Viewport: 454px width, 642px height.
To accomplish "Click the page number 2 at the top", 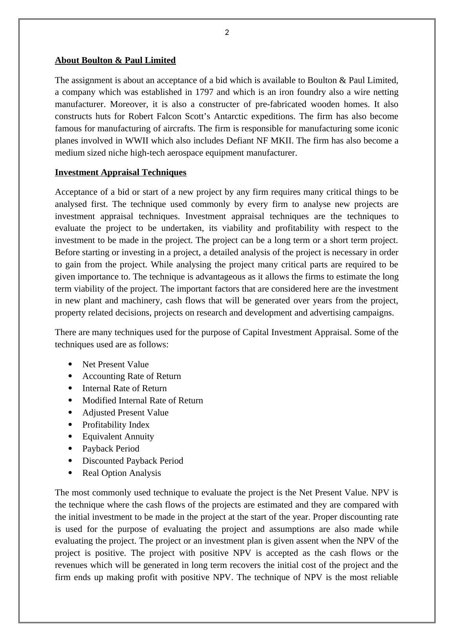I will pos(227,33).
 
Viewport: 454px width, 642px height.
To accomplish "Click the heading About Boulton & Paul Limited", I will pos(115,60).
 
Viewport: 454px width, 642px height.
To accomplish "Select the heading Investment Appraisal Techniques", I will pos(121,172).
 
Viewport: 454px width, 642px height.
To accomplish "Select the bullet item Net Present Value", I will pos(116,365).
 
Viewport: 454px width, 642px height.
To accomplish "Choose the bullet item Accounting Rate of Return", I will pos(132,376).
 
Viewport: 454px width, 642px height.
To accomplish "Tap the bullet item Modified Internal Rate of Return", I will pos(143,401).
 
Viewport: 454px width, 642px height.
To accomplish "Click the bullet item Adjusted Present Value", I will pos(125,413).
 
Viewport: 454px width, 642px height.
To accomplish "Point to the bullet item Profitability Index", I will pos(116,425).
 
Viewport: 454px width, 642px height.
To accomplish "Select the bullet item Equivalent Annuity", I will pos(118,437).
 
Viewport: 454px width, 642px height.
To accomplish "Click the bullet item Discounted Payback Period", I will pos(133,461).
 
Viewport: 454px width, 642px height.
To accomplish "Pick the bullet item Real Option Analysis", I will pos(122,473).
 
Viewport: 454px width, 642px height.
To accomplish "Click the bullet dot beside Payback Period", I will pos(70,448).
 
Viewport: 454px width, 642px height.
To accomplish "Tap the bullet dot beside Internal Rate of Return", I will pos(70,388).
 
